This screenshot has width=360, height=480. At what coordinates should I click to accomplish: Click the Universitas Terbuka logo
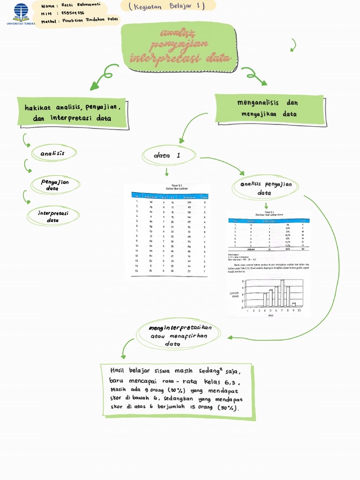pyautogui.click(x=21, y=14)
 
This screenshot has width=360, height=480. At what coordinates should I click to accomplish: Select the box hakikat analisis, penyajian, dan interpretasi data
pyautogui.click(x=73, y=113)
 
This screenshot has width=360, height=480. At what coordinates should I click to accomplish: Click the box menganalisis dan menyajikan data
pyautogui.click(x=270, y=108)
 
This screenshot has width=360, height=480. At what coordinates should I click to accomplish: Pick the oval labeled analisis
pyautogui.click(x=52, y=153)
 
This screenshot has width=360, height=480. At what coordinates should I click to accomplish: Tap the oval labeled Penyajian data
pyautogui.click(x=55, y=185)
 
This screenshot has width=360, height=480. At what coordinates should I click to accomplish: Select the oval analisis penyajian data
pyautogui.click(x=266, y=188)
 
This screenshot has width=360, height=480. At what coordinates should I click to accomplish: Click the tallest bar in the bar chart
pyautogui.click(x=282, y=293)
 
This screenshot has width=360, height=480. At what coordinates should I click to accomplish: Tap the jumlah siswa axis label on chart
pyautogui.click(x=235, y=294)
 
